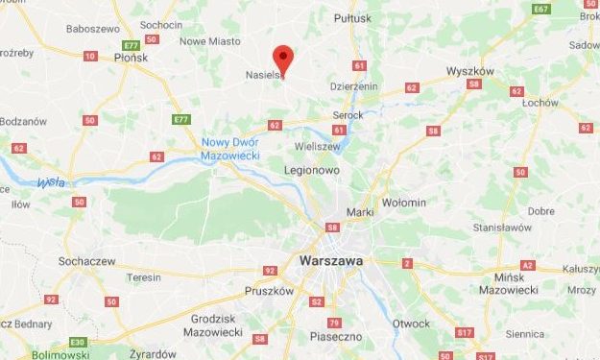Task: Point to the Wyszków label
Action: [470, 71]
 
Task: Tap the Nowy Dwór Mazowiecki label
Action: [229, 149]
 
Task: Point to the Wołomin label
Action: [404, 203]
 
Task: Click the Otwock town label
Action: [411, 324]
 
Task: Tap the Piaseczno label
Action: [334, 337]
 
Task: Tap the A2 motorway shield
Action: [527, 264]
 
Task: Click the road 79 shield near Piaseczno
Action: [334, 322]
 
